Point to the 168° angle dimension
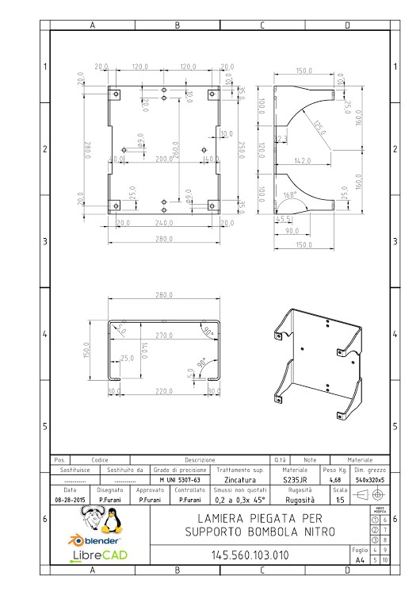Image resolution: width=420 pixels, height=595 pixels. [290, 195]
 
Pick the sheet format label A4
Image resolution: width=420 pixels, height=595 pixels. [360, 559]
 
